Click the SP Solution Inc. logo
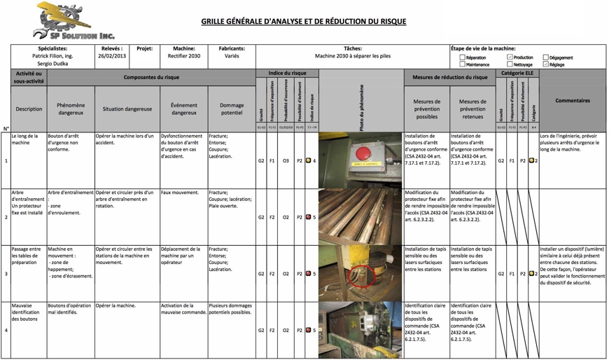(73, 22)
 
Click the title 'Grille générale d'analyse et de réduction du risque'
(303, 22)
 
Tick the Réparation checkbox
(463, 57)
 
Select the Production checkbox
(510, 57)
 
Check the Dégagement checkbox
(546, 57)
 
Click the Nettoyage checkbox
(510, 64)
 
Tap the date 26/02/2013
(112, 56)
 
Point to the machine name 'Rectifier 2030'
(184, 56)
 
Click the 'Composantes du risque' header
(151, 77)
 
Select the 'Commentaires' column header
(572, 101)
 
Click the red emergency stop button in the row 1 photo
(363, 153)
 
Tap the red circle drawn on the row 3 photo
(363, 275)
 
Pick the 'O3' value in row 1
(286, 161)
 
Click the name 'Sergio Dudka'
(52, 64)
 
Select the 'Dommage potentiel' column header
(232, 109)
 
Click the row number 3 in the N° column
(6, 274)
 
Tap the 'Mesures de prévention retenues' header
(472, 109)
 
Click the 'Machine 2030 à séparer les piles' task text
(352, 56)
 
